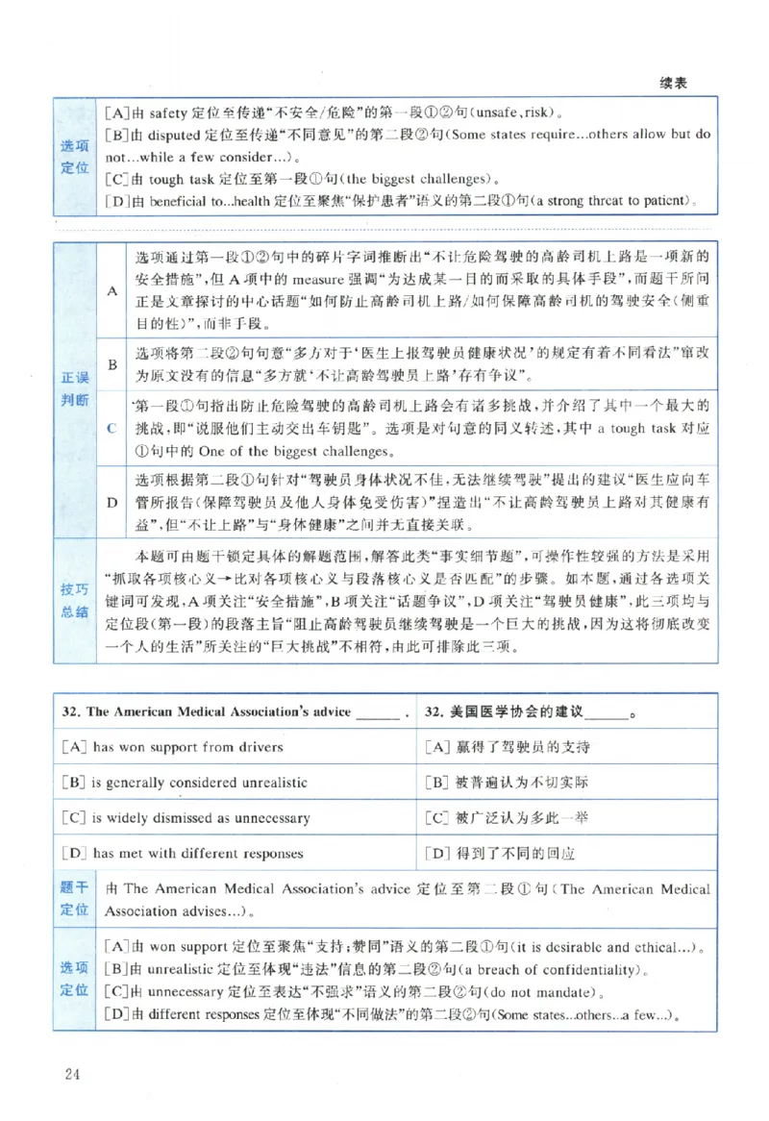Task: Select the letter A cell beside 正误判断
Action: click(x=111, y=290)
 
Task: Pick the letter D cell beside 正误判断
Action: click(x=111, y=503)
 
